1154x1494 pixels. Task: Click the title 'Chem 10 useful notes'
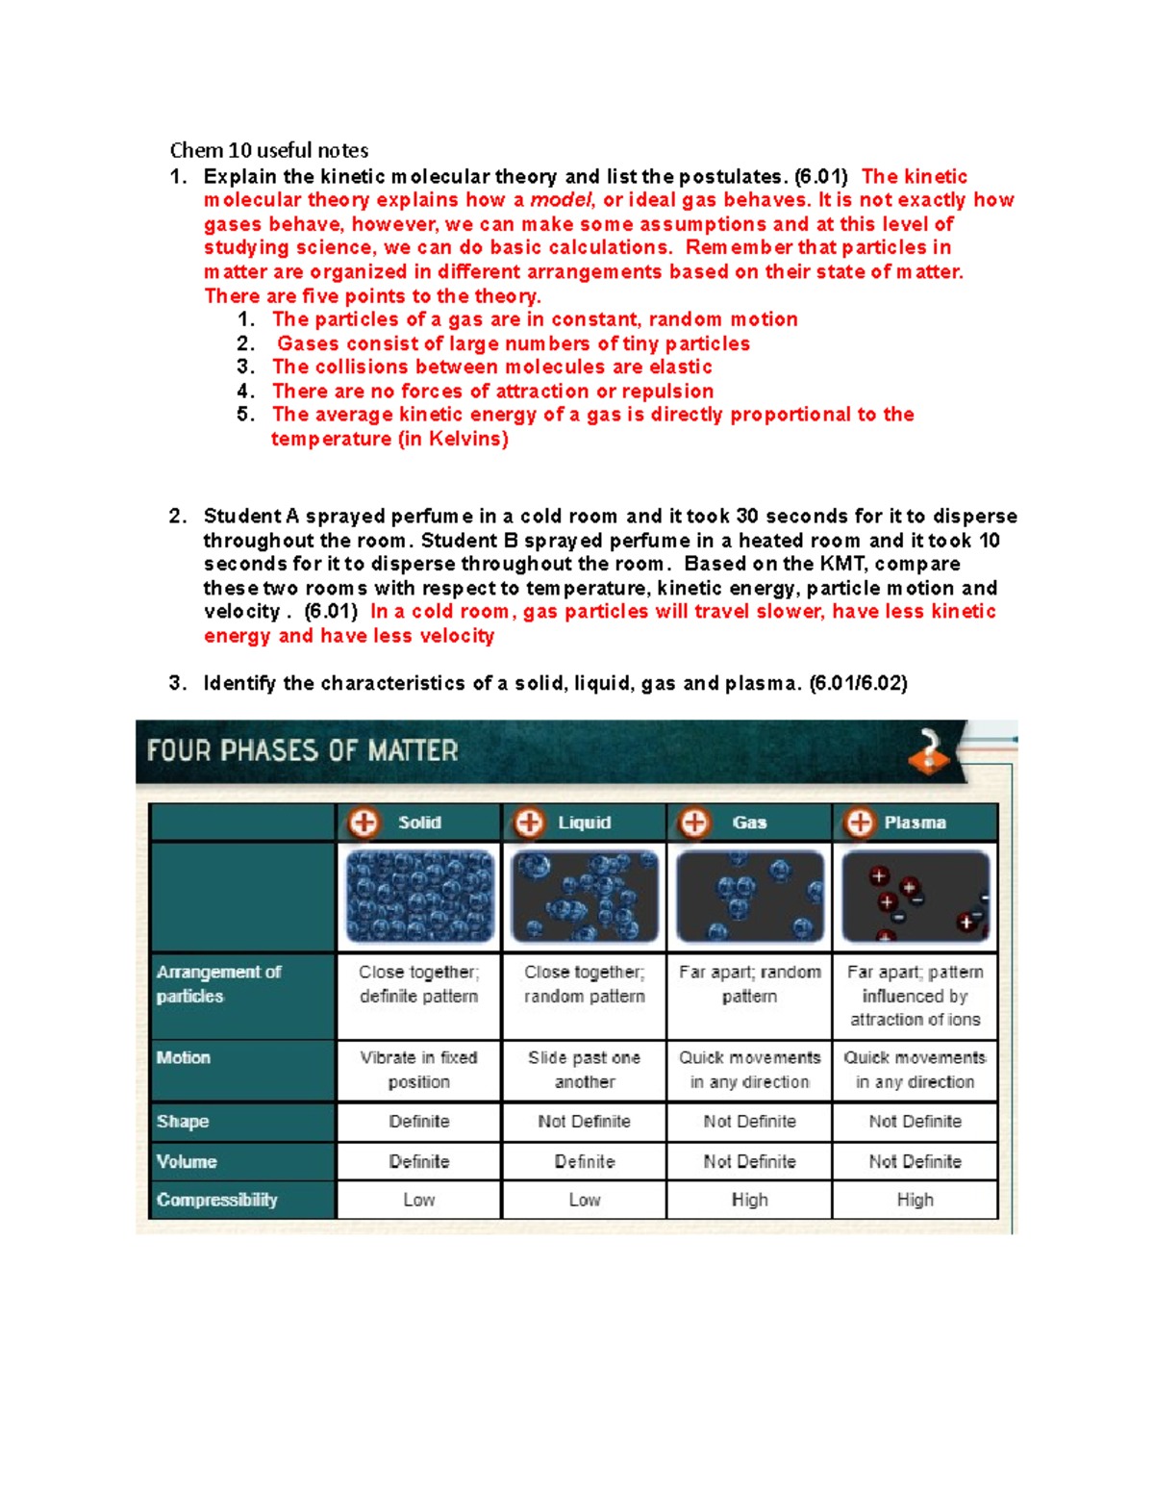pyautogui.click(x=268, y=150)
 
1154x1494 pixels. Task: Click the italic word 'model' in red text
pyautogui.click(x=562, y=200)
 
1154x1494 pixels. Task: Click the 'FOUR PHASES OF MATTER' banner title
pyautogui.click(x=302, y=750)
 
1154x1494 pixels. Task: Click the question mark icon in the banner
pyautogui.click(x=929, y=750)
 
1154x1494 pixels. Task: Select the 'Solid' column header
pyautogui.click(x=419, y=823)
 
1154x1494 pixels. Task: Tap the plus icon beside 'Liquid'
pyautogui.click(x=529, y=823)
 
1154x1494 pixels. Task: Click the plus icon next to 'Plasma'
pyautogui.click(x=860, y=823)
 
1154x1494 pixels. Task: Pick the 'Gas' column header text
pyautogui.click(x=749, y=823)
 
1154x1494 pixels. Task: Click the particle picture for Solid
pyautogui.click(x=419, y=896)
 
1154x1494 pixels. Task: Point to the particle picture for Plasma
pyautogui.click(x=915, y=896)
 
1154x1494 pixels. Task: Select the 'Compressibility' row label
pyautogui.click(x=217, y=1200)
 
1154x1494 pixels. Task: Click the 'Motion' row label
pyautogui.click(x=184, y=1057)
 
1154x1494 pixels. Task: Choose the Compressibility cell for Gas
pyautogui.click(x=749, y=1200)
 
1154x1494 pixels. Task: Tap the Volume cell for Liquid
pyautogui.click(x=584, y=1161)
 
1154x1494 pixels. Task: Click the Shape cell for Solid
pyautogui.click(x=419, y=1122)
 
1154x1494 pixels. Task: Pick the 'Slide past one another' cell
pyautogui.click(x=584, y=1070)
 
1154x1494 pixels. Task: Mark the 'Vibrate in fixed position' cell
pyautogui.click(x=419, y=1070)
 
